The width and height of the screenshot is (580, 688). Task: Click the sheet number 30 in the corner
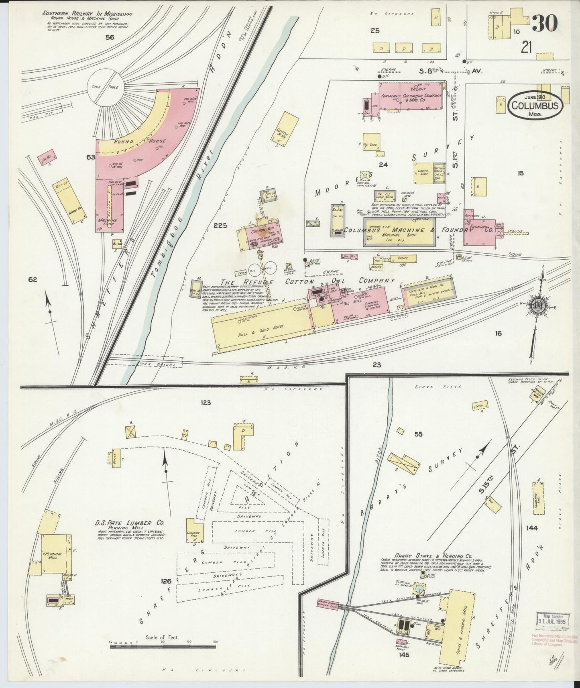(x=544, y=23)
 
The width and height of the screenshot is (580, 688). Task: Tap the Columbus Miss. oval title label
(x=535, y=106)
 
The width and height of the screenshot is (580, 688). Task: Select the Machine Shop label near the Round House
(x=108, y=222)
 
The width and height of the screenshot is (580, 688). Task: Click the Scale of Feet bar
(x=162, y=645)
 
